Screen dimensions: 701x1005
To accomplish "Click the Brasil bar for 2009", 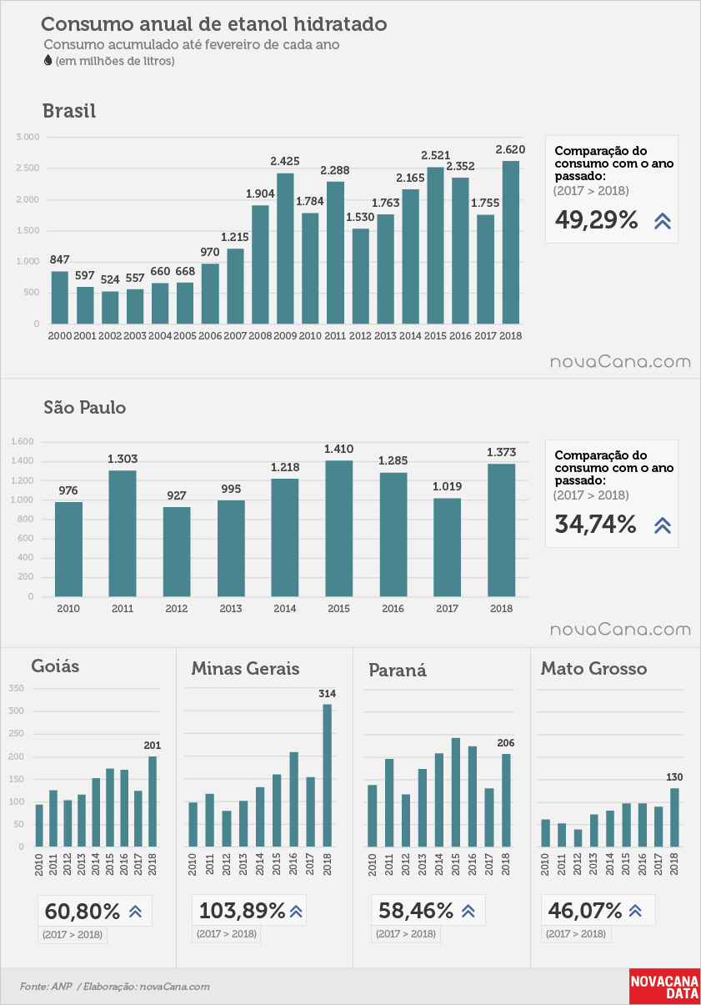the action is (x=285, y=249).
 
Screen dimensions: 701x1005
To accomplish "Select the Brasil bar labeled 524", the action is (x=110, y=308).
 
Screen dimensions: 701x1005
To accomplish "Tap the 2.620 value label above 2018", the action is (x=510, y=150).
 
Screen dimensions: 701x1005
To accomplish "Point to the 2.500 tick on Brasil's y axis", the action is (x=28, y=168).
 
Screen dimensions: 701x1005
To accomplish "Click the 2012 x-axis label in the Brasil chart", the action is (x=360, y=336).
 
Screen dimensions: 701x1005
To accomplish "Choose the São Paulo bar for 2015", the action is (x=339, y=529).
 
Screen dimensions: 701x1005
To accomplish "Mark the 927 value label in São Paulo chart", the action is (x=177, y=495).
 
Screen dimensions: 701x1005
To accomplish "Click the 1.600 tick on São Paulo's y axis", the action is (x=23, y=442).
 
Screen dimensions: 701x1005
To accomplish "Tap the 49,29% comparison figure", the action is (x=596, y=220).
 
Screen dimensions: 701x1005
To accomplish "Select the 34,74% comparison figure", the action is (x=595, y=525).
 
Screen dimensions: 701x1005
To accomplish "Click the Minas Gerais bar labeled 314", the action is (x=328, y=776).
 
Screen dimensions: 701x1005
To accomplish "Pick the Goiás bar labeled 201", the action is (x=153, y=801).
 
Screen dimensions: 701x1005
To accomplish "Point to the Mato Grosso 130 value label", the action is (x=674, y=777).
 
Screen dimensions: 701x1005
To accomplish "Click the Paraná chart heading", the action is (x=398, y=671).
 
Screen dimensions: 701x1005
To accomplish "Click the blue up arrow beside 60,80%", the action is (x=135, y=912).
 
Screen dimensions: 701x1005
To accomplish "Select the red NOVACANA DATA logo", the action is (x=664, y=987).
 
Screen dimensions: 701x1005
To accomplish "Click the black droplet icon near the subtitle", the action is (x=48, y=61).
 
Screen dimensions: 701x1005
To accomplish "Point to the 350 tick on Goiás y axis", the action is (x=16, y=688).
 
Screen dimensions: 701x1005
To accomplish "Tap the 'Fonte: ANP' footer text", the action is (x=46, y=987).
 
